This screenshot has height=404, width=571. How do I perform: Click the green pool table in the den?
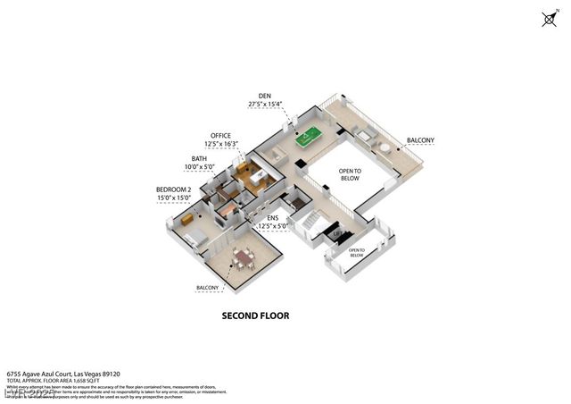tap(308, 138)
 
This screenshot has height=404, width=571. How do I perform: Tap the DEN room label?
tap(264, 95)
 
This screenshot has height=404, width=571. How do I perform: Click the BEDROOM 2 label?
tap(174, 190)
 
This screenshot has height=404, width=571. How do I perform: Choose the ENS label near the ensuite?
tap(273, 217)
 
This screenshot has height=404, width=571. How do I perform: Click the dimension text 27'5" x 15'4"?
tap(265, 105)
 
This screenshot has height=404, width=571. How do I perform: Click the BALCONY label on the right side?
tap(421, 140)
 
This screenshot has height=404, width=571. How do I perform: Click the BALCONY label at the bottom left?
tap(207, 287)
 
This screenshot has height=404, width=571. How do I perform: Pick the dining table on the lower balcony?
tap(242, 257)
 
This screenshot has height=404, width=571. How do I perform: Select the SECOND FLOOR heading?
tap(255, 316)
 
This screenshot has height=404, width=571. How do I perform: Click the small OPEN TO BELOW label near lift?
tap(356, 253)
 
